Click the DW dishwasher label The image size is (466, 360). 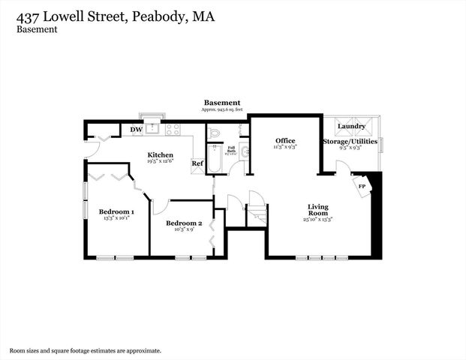coord(137,130)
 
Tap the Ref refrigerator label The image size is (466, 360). coord(197,163)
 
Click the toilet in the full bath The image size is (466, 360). coord(214,132)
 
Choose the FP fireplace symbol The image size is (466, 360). coord(362,186)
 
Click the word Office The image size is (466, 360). coord(285,140)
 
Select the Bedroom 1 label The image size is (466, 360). coord(116,211)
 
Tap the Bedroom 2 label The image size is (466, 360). coord(184,223)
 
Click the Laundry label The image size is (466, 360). coord(351,127)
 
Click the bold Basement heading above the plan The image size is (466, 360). coord(222,103)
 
